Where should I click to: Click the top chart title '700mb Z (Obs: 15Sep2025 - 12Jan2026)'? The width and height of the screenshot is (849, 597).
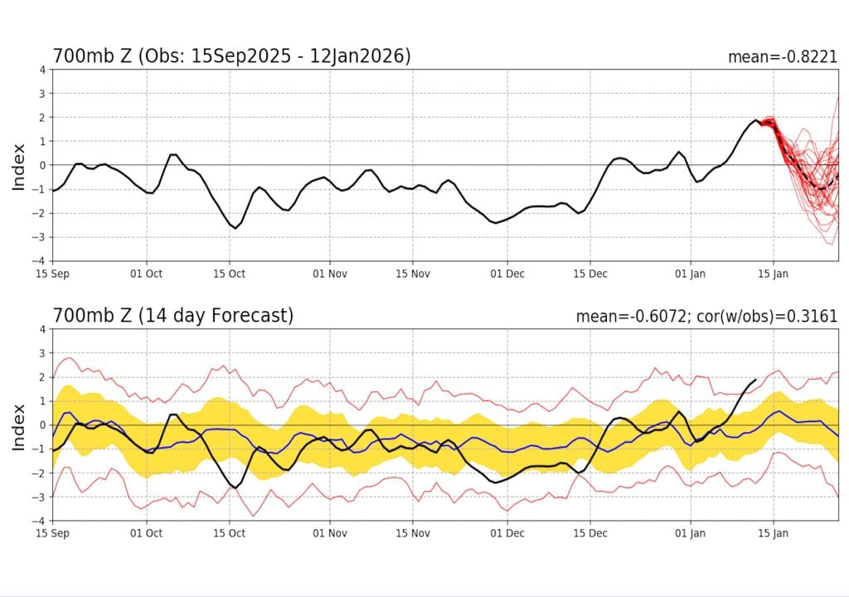tap(231, 56)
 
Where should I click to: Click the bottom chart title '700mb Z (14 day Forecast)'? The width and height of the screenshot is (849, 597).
tap(173, 316)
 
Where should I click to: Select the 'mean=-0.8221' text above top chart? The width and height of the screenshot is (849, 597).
tap(782, 57)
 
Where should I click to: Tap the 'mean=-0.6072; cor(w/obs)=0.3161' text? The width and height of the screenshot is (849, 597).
tap(706, 317)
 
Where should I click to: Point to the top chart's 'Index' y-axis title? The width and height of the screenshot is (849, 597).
tap(18, 166)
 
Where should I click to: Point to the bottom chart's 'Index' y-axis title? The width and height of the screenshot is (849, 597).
tap(18, 425)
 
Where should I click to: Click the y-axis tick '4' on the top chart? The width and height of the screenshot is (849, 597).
tap(41, 70)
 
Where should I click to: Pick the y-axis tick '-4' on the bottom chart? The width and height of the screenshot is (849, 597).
tap(39, 521)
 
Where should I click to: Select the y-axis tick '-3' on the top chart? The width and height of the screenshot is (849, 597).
tap(39, 237)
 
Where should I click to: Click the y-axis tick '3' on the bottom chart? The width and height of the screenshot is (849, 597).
tap(41, 353)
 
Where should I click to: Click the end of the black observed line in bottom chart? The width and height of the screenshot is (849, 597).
tap(755, 380)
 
